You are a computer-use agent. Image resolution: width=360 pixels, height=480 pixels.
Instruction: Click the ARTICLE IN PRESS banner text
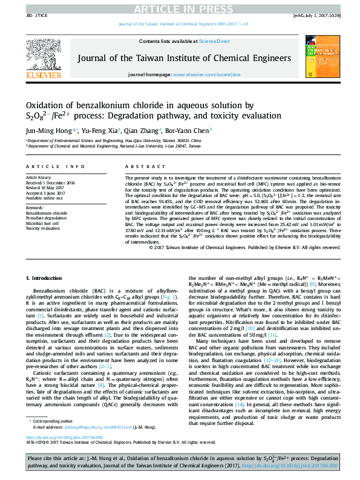[x=180, y=8]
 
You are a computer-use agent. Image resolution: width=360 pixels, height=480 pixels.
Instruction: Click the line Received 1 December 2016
[x=50, y=182]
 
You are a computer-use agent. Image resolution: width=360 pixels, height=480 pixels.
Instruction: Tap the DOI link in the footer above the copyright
[x=64, y=454]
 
